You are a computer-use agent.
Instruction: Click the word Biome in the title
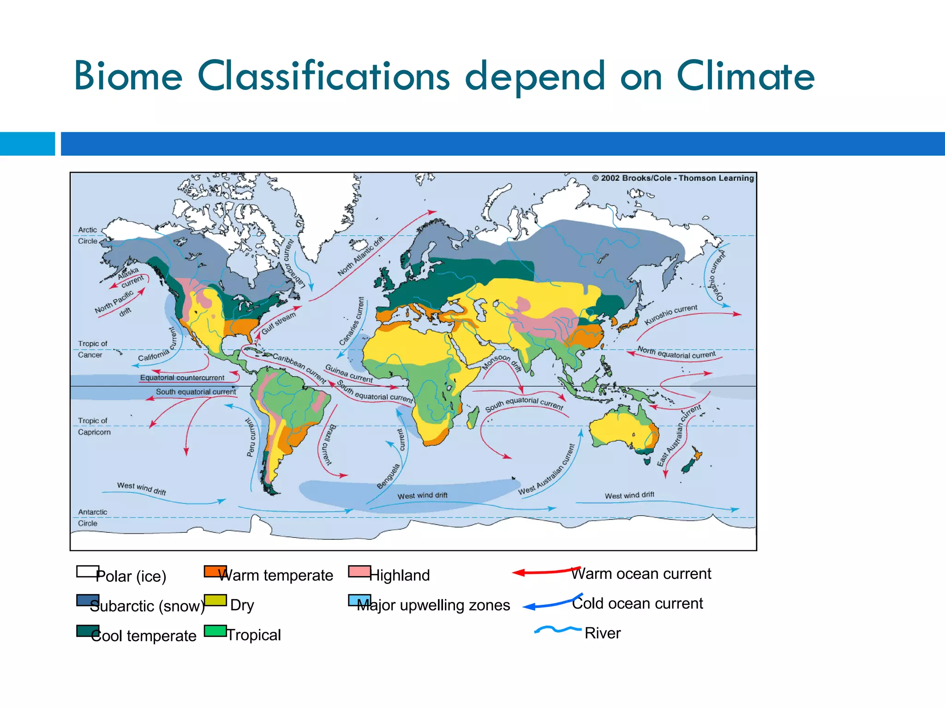128,77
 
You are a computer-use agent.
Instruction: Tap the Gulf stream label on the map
279,323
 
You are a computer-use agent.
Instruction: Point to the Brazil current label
328,445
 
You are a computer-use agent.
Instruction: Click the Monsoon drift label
502,363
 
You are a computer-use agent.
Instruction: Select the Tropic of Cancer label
92,349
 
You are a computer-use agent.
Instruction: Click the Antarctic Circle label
92,518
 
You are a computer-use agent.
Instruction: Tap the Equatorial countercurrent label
182,378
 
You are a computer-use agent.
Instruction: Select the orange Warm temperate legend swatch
215,572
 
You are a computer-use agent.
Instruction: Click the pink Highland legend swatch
359,572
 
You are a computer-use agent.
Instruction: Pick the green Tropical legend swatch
215,631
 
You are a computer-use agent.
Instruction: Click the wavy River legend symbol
557,629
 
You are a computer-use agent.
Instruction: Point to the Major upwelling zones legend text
434,605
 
